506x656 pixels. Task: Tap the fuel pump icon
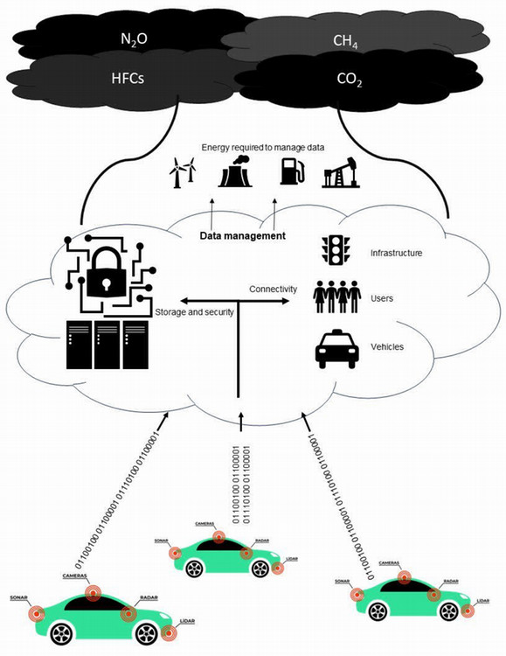click(x=291, y=171)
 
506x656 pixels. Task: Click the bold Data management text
click(x=243, y=236)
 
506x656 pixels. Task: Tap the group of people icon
click(x=336, y=297)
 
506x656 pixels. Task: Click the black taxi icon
click(x=336, y=348)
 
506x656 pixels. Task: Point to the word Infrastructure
click(x=396, y=253)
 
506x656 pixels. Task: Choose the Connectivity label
click(x=273, y=289)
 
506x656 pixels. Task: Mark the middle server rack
click(x=107, y=344)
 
